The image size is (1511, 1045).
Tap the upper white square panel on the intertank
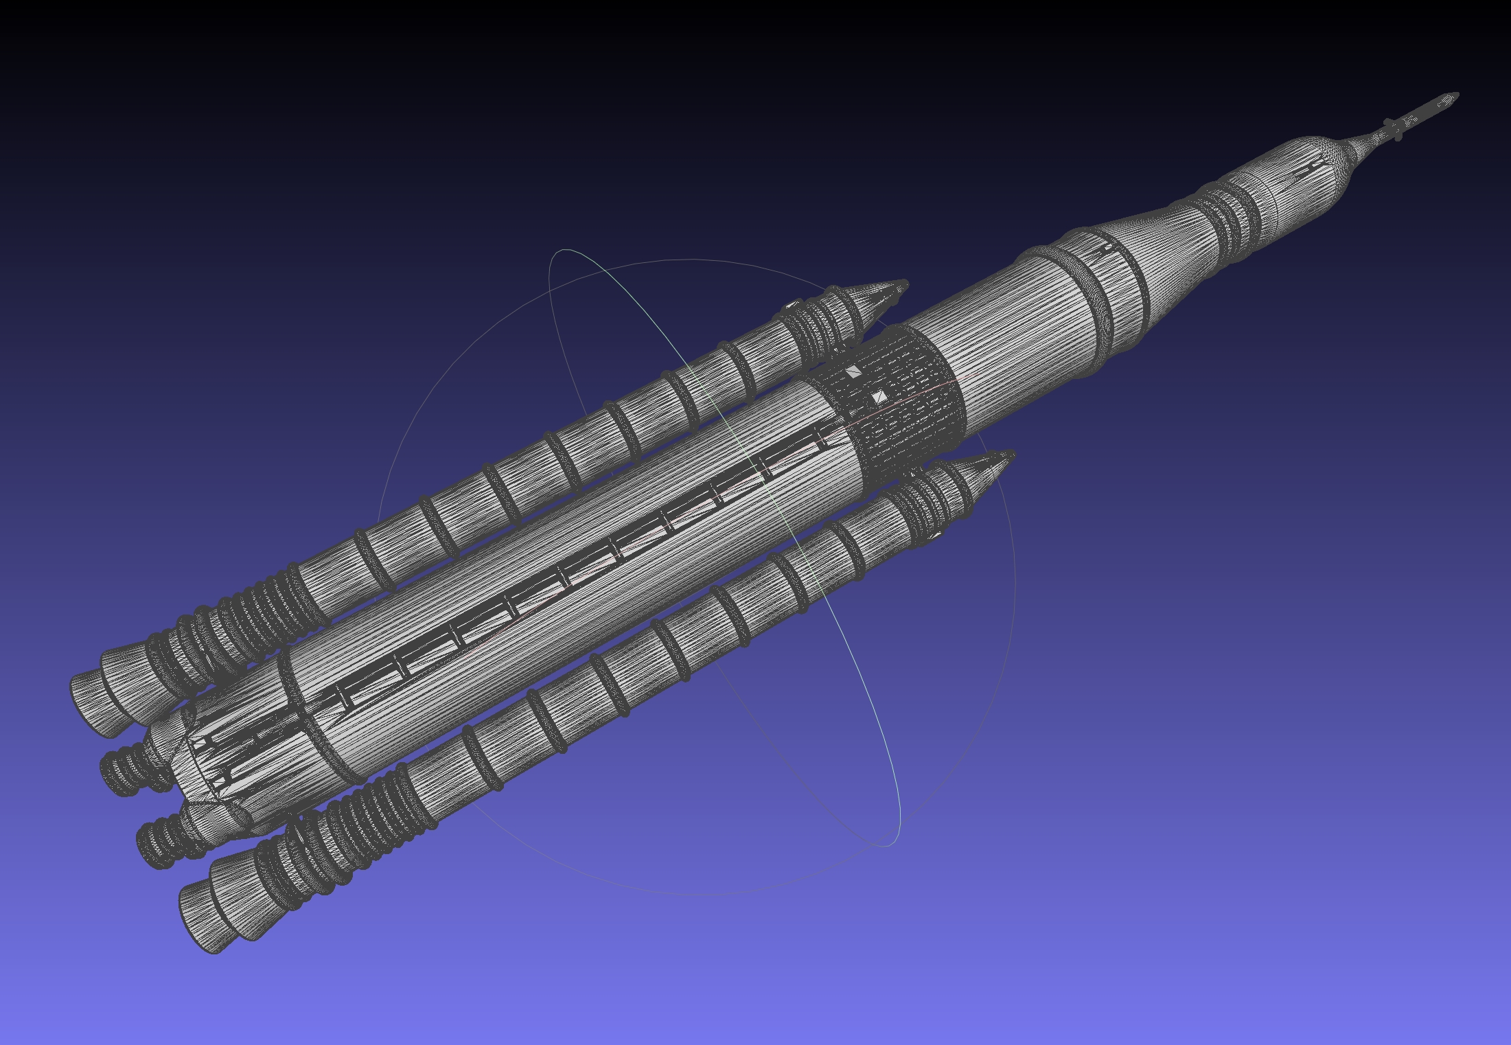[853, 372]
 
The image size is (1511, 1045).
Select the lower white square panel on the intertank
[879, 397]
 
